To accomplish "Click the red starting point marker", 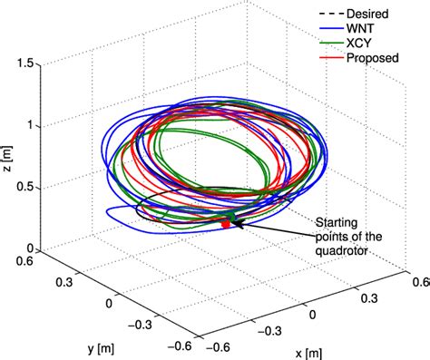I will pyautogui.click(x=225, y=223).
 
